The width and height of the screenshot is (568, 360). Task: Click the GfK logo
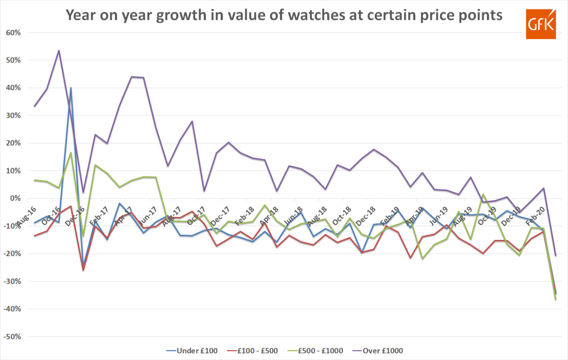(x=541, y=24)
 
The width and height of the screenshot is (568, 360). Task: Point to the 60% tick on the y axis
(x=13, y=33)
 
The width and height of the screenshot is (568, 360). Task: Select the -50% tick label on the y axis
(x=13, y=337)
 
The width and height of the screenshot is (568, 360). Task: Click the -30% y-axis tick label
(x=13, y=281)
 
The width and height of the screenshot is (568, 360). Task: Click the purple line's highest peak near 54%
(x=59, y=51)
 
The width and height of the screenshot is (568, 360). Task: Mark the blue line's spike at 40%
(x=71, y=88)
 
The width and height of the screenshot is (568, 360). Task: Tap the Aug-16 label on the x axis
(x=26, y=217)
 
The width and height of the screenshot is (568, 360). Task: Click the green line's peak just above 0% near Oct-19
(x=483, y=194)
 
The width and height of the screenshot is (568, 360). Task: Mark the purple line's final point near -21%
(x=555, y=255)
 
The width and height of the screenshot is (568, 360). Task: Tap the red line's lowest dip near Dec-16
(x=83, y=270)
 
